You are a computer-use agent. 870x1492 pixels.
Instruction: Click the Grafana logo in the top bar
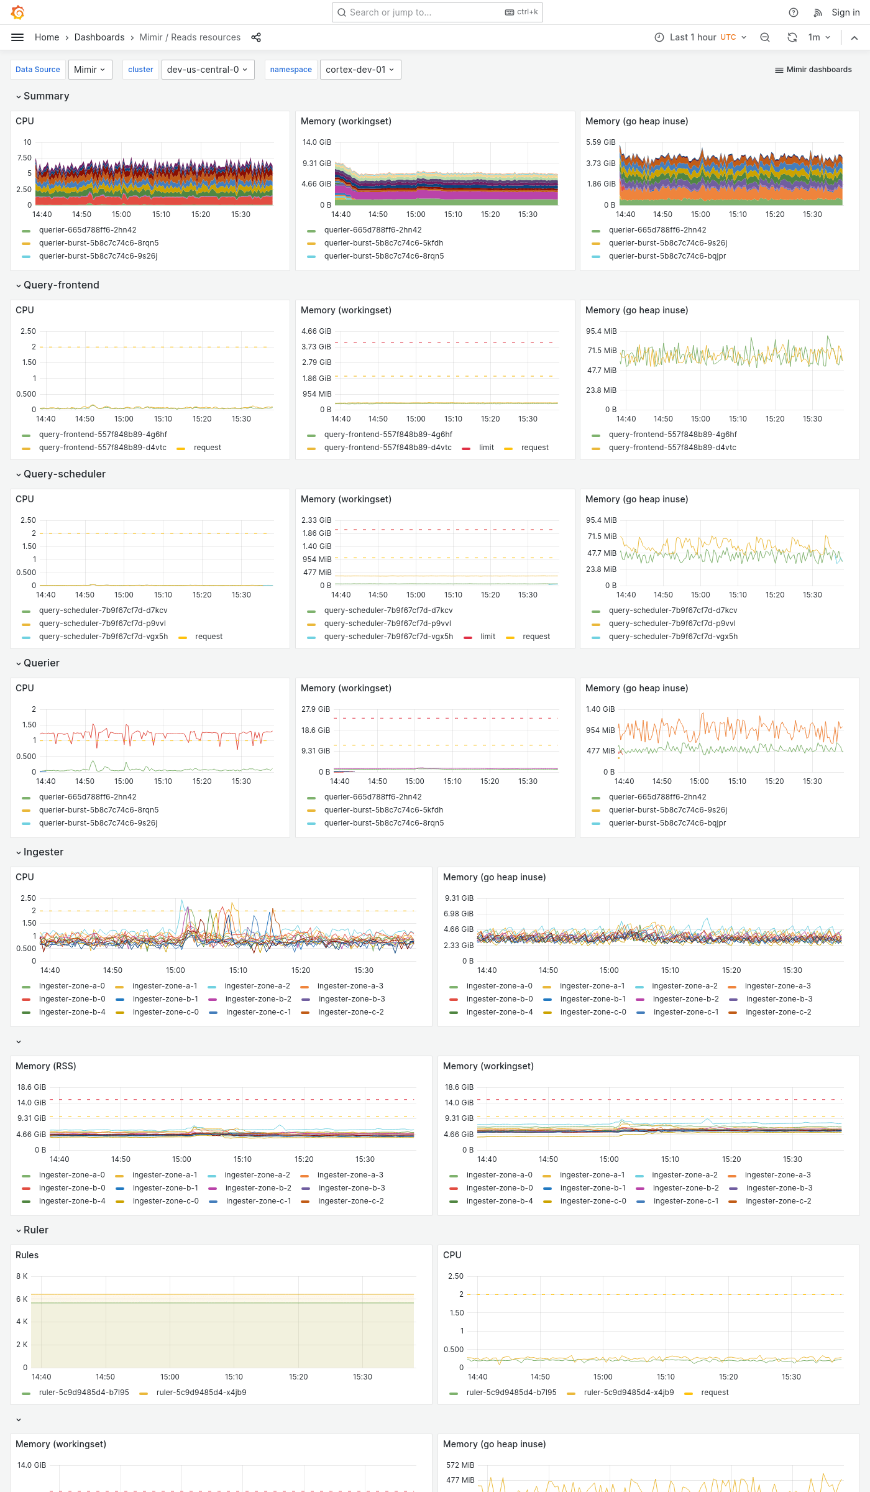18,12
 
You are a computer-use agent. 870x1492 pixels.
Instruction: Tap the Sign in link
845,12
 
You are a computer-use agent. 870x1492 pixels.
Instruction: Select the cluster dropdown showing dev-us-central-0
208,70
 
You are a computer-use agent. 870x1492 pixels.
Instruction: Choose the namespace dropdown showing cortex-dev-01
360,70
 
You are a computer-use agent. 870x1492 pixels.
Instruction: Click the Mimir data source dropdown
90,70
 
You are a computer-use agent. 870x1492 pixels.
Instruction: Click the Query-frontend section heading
61,285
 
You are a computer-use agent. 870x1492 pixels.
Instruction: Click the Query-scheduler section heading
64,474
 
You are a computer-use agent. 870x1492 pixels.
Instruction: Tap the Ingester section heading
43,852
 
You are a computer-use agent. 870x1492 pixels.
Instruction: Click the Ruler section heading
35,1230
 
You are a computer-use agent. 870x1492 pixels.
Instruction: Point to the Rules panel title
27,1255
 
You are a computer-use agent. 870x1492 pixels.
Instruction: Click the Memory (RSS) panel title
45,1066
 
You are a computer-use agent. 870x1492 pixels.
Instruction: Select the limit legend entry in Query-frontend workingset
486,448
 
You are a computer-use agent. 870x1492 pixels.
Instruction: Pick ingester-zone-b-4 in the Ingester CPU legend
71,1012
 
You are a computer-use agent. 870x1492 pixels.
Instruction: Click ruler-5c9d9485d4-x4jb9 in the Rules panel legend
201,1393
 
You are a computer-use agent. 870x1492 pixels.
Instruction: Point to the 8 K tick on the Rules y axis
22,1276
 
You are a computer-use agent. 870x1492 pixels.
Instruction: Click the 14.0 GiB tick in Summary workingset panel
316,142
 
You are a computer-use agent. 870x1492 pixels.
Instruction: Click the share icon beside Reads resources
256,37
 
